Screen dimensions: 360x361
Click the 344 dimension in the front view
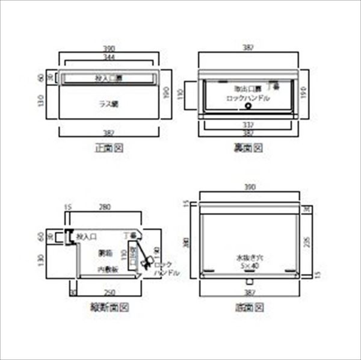(109, 57)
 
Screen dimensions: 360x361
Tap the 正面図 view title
(109, 147)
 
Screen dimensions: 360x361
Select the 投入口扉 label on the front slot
(109, 78)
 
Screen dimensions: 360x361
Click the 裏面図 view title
(248, 147)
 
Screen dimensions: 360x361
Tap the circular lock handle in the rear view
(248, 107)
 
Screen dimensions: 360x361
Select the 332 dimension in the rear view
(247, 125)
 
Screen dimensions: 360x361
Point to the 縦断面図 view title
(109, 307)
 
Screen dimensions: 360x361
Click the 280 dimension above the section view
(104, 207)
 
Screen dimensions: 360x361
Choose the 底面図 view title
(248, 307)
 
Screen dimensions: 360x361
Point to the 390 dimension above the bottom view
(248, 188)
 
